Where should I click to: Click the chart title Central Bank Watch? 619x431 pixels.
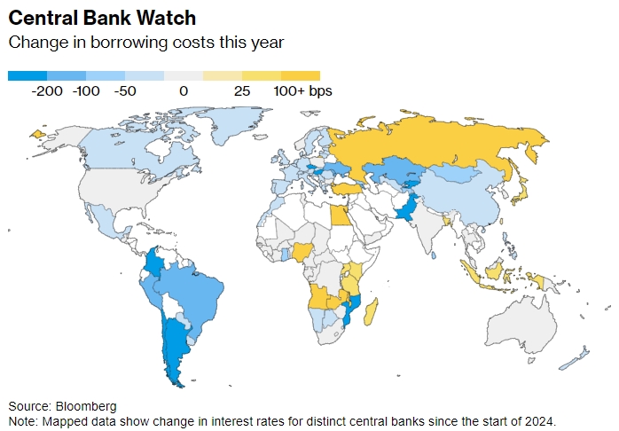pyautogui.click(x=102, y=18)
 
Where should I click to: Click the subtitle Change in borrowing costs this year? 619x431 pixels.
pyautogui.click(x=145, y=43)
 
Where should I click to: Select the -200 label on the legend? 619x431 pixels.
pyautogui.click(x=47, y=90)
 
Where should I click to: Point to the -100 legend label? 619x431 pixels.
pyautogui.click(x=87, y=90)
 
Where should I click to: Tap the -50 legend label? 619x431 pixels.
pyautogui.click(x=125, y=90)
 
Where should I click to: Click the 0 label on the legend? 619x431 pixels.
pyautogui.click(x=184, y=90)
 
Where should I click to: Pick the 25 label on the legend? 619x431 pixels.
pyautogui.click(x=242, y=90)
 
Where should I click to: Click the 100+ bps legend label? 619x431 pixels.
pyautogui.click(x=302, y=90)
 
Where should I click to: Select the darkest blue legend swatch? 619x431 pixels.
pyautogui.click(x=27, y=76)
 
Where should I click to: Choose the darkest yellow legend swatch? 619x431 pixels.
pyautogui.click(x=301, y=76)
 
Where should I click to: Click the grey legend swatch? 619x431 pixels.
pyautogui.click(x=184, y=76)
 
